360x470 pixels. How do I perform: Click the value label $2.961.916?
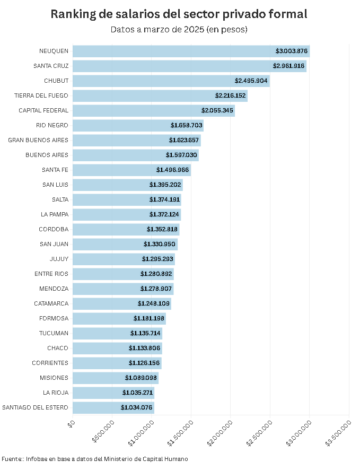coord(288,66)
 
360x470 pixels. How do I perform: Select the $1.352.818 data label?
coord(162,229)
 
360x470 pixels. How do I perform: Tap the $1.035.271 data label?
coord(137,393)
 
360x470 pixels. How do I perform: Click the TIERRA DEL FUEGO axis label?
coord(41,95)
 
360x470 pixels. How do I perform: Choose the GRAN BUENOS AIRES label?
coord(38,140)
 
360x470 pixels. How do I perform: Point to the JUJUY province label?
coord(59,259)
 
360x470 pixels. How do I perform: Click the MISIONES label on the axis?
coord(54,378)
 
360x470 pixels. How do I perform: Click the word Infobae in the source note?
coord(36,459)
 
